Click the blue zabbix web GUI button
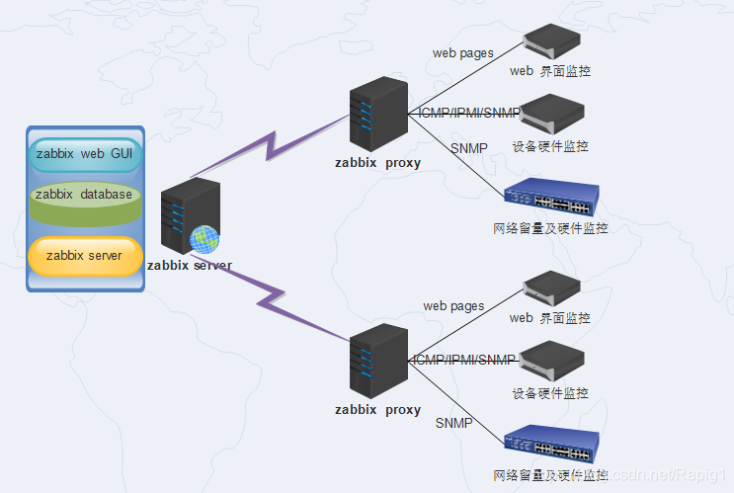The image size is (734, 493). [85, 154]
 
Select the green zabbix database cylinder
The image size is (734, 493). [84, 196]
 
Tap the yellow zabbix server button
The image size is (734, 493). [85, 256]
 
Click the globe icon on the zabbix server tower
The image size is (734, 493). [204, 238]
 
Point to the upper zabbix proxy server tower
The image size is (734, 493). [377, 115]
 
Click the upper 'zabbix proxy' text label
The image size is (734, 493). [377, 163]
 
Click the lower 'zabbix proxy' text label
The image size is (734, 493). [377, 409]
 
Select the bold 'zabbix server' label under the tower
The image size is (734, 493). [190, 265]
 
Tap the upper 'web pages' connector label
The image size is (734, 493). [462, 53]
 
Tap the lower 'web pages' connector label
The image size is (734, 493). [453, 306]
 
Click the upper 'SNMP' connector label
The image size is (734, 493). [468, 148]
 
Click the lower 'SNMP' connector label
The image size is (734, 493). [453, 423]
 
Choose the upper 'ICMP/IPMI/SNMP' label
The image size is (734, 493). [469, 113]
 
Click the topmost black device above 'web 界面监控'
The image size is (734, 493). [551, 41]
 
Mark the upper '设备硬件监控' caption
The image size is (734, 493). [550, 146]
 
